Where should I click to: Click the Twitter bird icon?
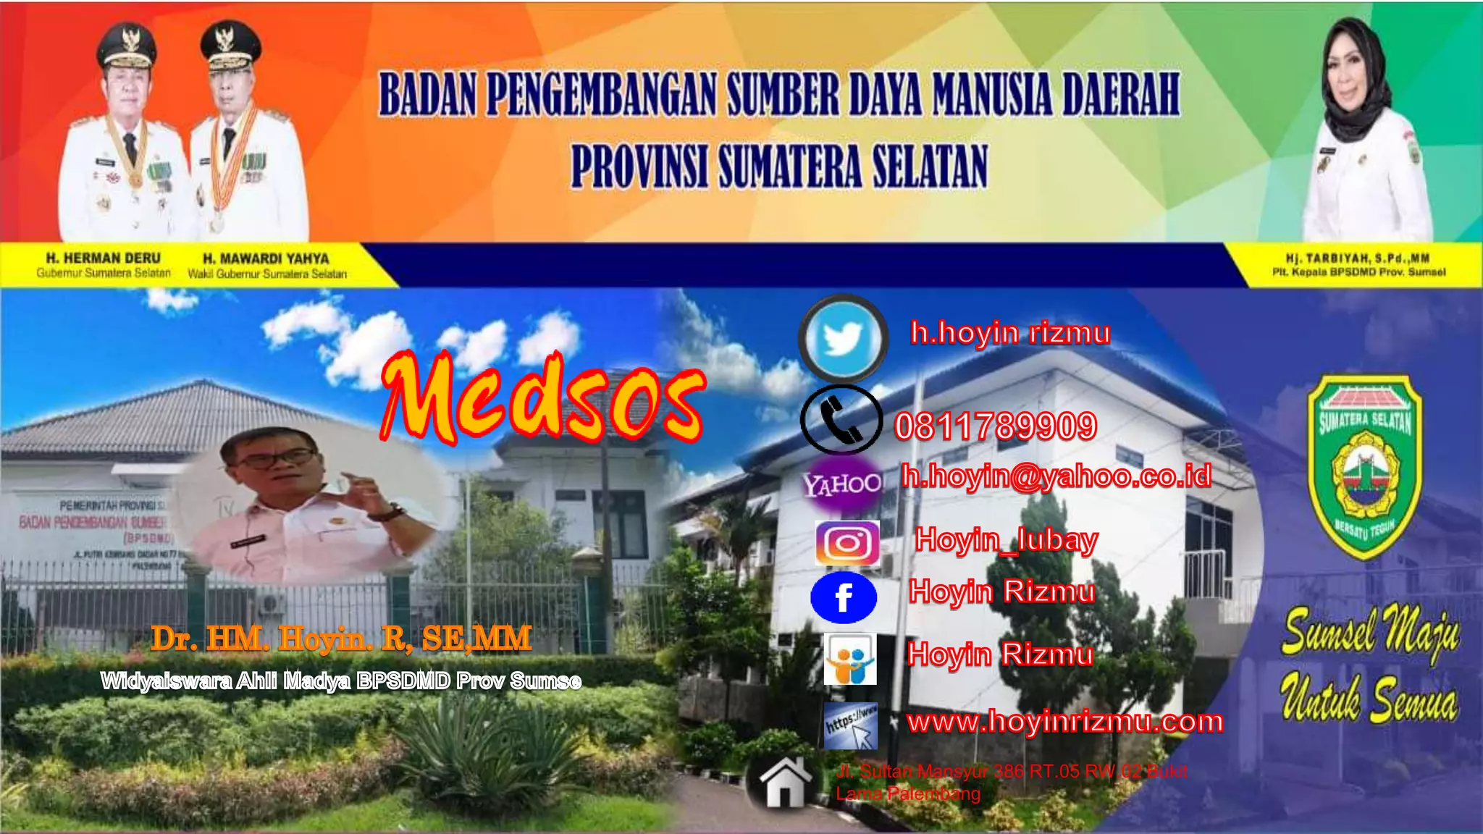(843, 339)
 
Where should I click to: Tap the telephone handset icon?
(841, 420)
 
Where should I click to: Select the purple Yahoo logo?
(842, 484)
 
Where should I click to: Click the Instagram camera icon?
(847, 543)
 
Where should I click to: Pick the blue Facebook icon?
(844, 598)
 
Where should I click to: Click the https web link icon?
(851, 725)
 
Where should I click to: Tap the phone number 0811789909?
(996, 426)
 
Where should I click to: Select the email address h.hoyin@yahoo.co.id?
(1056, 476)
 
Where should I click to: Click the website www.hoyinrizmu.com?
(1065, 722)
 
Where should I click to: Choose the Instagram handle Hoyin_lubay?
(1007, 540)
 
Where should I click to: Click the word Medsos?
(543, 398)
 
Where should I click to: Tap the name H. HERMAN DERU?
(104, 258)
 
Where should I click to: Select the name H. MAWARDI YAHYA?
(266, 258)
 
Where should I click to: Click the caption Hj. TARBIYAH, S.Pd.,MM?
(1358, 258)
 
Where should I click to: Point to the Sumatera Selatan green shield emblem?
(1365, 467)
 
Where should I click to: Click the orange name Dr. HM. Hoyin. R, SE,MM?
(341, 639)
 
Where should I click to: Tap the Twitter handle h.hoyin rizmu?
(1010, 333)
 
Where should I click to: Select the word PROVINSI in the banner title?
(639, 167)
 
